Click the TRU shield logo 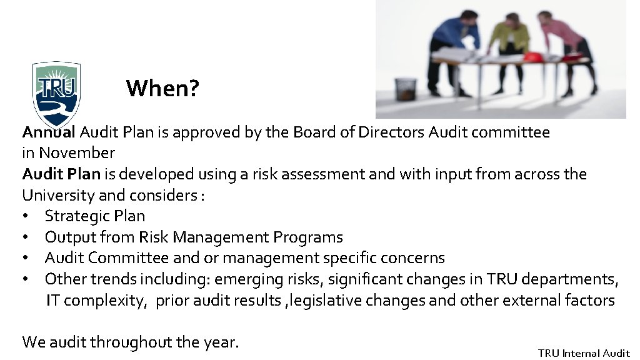pos(56,92)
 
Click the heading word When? pos(162,89)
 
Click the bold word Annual pos(49,132)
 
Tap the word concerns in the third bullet pos(412,258)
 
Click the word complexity pos(105,301)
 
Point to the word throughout pos(131,342)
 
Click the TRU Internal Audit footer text pos(584,353)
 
